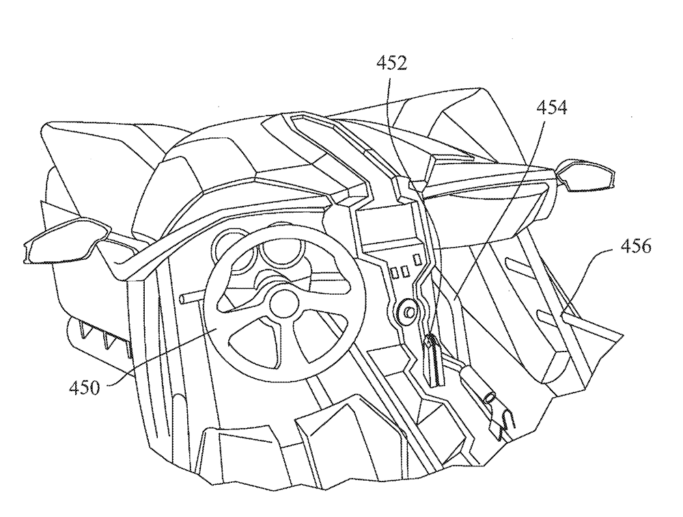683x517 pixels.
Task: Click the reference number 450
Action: pyautogui.click(x=84, y=388)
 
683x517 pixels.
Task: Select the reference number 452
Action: pyautogui.click(x=391, y=64)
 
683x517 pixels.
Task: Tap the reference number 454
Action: pyautogui.click(x=551, y=107)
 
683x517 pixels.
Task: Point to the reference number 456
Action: pyautogui.click(x=636, y=246)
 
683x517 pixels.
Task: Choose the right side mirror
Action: pyautogui.click(x=586, y=174)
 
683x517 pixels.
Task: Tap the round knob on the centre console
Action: pyautogui.click(x=408, y=312)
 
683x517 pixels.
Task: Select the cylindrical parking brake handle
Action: pyautogui.click(x=476, y=384)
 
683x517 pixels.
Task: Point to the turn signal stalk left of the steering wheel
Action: pyautogui.click(x=193, y=298)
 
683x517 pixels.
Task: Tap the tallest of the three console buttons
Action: pyautogui.click(x=418, y=258)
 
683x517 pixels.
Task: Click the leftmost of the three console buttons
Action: pyautogui.click(x=395, y=273)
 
